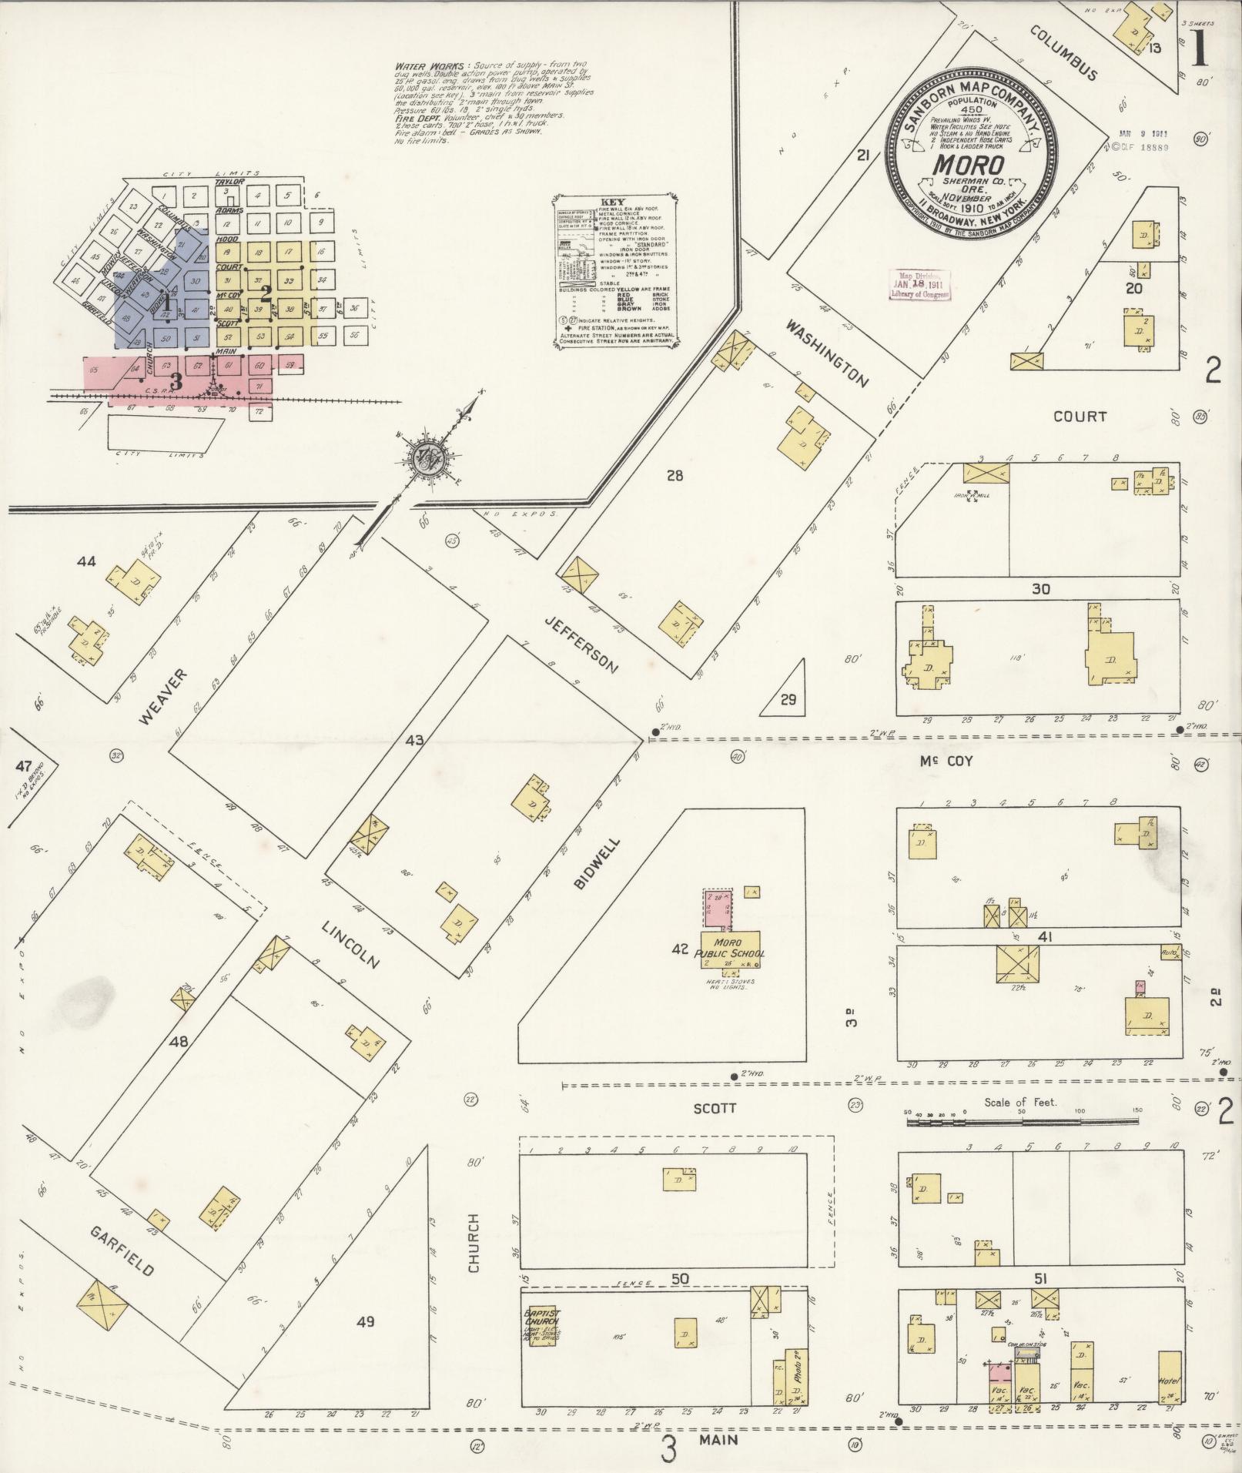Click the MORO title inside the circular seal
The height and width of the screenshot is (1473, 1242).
point(969,166)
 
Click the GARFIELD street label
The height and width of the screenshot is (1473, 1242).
point(122,1250)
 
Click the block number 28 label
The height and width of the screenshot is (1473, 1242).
point(675,476)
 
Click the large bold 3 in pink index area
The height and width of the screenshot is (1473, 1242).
point(176,380)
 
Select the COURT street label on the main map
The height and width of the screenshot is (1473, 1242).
point(1080,416)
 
